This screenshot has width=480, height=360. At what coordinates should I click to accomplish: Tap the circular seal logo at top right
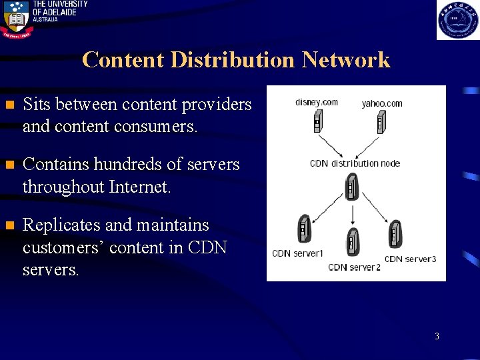(x=457, y=20)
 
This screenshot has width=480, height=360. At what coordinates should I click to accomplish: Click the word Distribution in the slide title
(x=232, y=60)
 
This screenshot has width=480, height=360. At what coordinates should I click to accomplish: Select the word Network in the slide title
(x=345, y=60)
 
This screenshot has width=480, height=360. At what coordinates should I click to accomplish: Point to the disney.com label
(x=317, y=102)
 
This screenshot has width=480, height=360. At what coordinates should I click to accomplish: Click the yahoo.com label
(x=382, y=103)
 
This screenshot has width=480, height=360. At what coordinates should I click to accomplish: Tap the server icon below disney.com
(x=317, y=123)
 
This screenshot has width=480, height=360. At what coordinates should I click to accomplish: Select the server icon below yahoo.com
(x=380, y=123)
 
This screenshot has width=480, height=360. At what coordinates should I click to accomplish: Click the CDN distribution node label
(x=354, y=163)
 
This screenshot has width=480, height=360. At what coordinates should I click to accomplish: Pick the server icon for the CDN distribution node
(x=351, y=187)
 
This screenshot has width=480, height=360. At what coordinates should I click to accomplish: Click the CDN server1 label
(x=297, y=253)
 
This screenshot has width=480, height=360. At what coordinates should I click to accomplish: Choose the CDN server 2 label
(x=354, y=267)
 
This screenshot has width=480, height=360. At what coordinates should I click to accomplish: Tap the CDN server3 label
(x=410, y=259)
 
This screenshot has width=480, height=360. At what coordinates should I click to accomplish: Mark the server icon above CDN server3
(x=395, y=234)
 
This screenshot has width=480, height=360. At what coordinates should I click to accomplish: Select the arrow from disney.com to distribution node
(x=331, y=147)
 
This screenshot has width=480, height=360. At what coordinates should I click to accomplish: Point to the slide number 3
(x=437, y=337)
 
